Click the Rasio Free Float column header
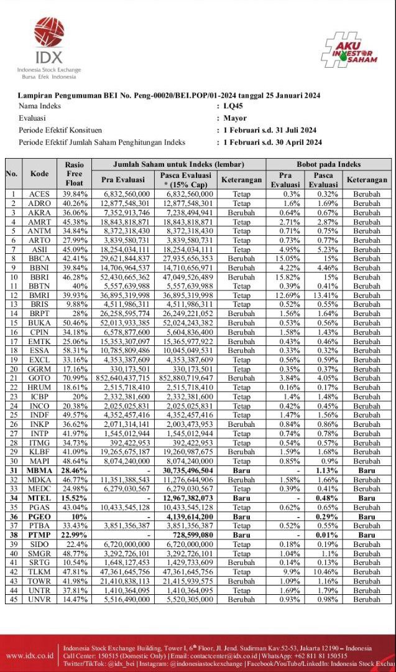74,174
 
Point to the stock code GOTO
39,378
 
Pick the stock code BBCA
39,258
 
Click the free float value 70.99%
74,378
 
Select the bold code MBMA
39,471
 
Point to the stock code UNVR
39,599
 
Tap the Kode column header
39,174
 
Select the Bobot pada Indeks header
324,164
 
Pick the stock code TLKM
39,572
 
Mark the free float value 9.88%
74,304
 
